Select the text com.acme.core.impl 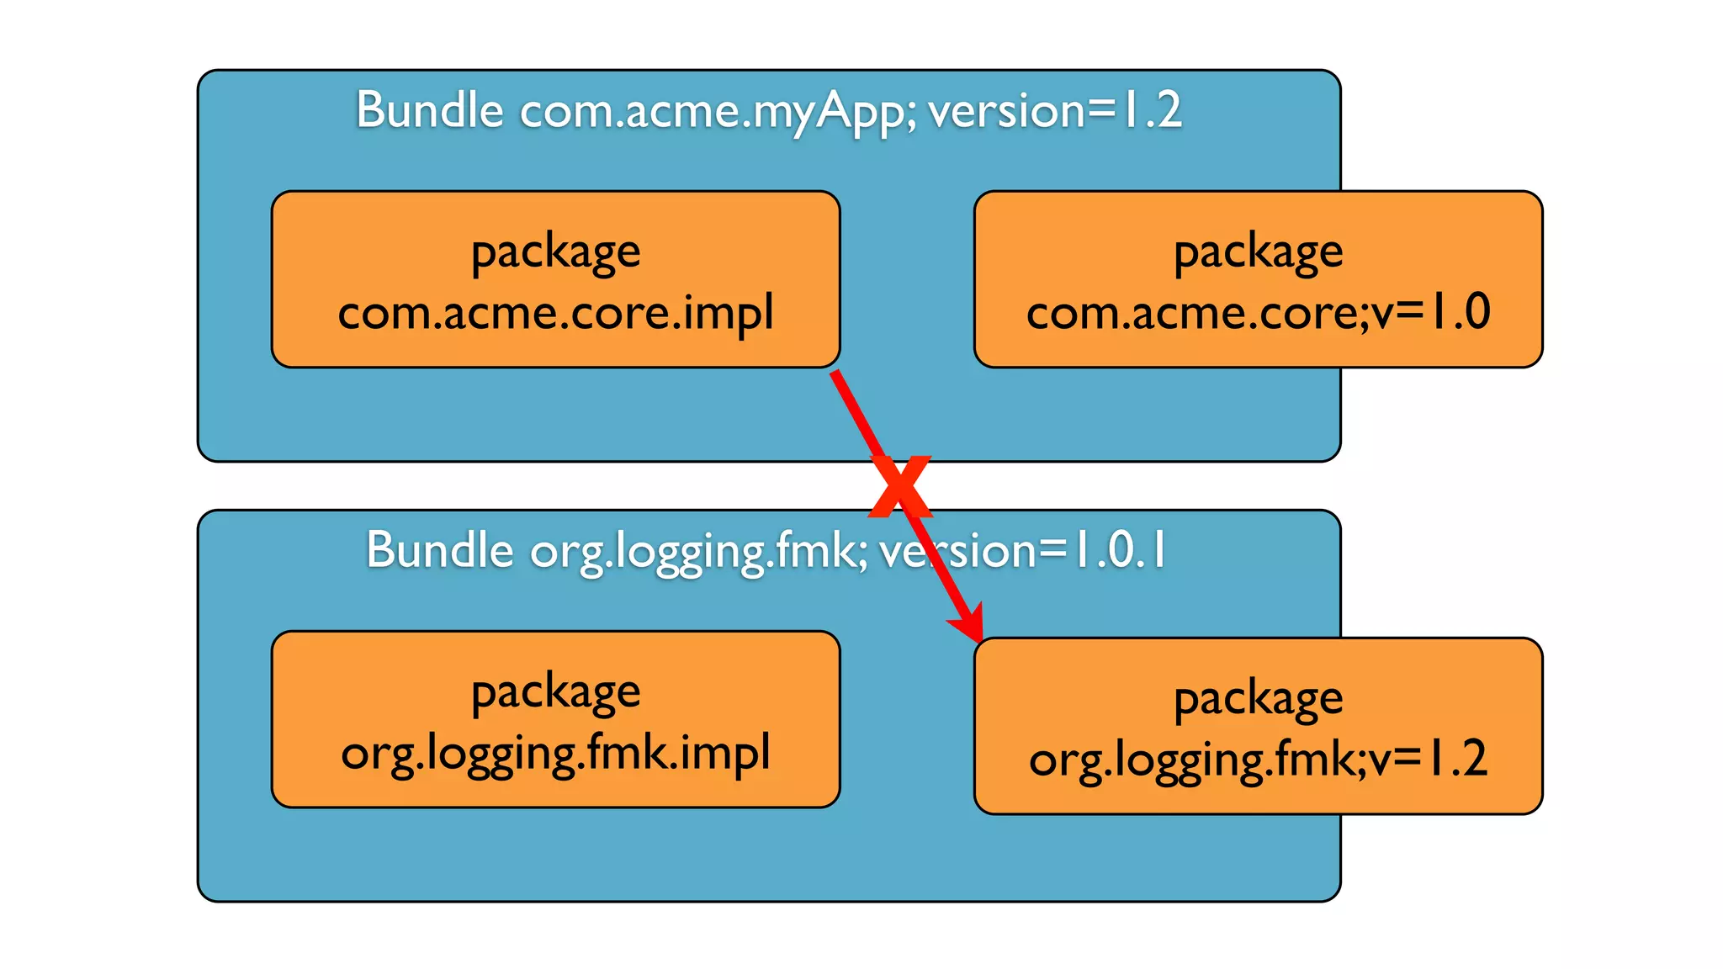click(555, 313)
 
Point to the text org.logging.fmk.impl click(555, 753)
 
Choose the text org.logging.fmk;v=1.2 click(1258, 760)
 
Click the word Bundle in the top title click(429, 110)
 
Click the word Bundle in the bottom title click(439, 551)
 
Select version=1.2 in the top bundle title click(1055, 110)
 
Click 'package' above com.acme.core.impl click(555, 252)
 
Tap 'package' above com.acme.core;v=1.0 click(1258, 252)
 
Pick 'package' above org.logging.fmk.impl click(555, 693)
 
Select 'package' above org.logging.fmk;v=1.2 click(1258, 699)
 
